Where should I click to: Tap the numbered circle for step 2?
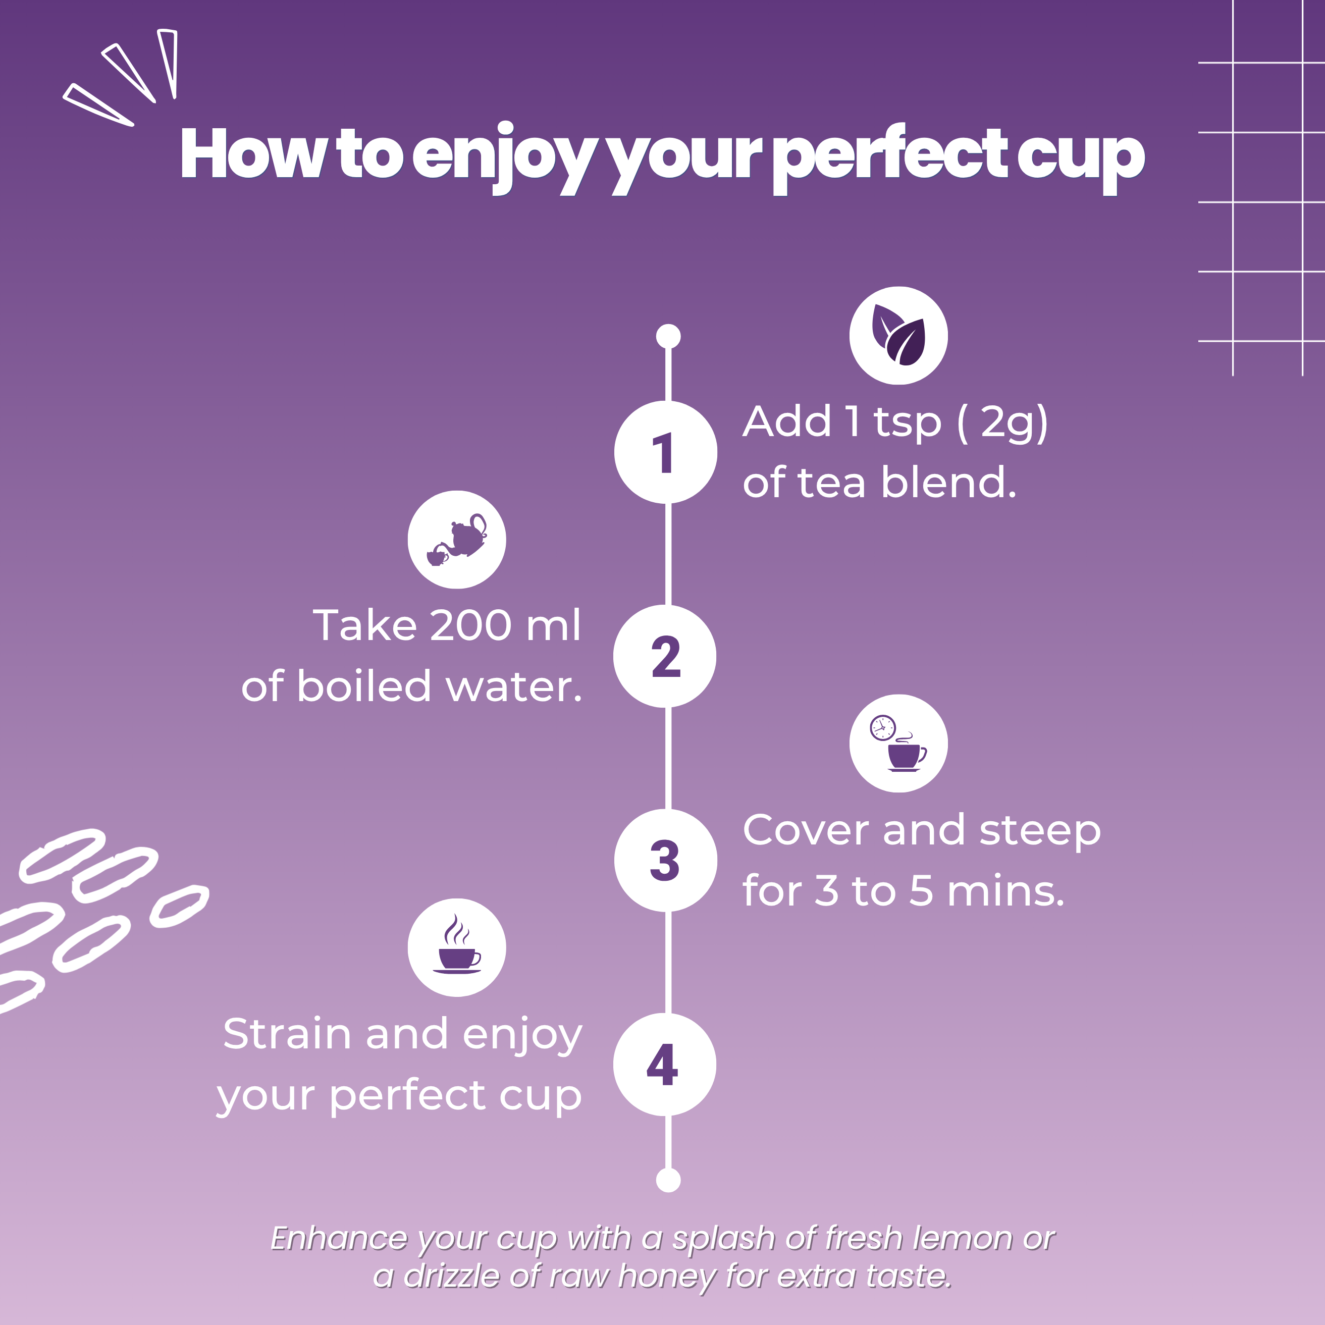pyautogui.click(x=665, y=656)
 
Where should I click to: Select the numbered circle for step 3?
pyautogui.click(x=665, y=860)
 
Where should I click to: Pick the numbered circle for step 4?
pyautogui.click(x=665, y=1065)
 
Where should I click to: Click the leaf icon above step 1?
pyautogui.click(x=898, y=335)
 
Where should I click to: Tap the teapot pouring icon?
pyautogui.click(x=457, y=539)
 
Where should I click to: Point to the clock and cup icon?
pyautogui.click(x=898, y=744)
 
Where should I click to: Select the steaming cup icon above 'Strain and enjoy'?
pyautogui.click(x=457, y=947)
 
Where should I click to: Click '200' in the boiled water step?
pyautogui.click(x=470, y=625)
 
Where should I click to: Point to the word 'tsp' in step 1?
pyautogui.click(x=908, y=423)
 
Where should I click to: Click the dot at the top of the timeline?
pyautogui.click(x=668, y=336)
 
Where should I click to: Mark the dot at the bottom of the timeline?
pyautogui.click(x=668, y=1180)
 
